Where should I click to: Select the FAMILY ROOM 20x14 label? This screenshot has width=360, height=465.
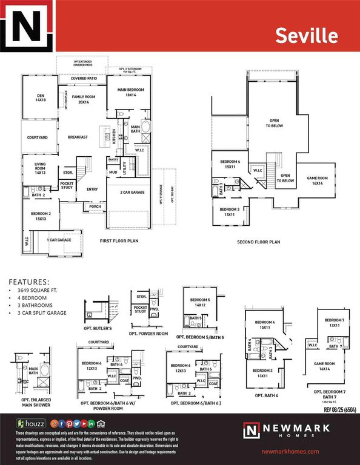coord(83,99)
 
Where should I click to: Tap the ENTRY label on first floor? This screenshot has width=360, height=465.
coord(92,190)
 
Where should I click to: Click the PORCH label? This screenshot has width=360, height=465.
coord(95,206)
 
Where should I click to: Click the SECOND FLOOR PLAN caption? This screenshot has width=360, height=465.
coord(258,242)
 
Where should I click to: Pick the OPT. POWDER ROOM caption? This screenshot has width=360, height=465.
coord(148,334)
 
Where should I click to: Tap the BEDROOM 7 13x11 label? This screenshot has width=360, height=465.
coord(335,322)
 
